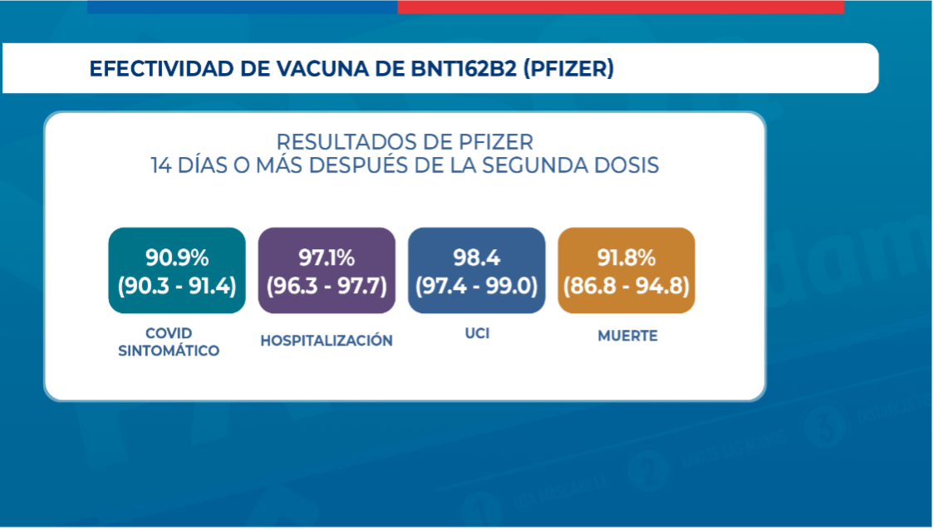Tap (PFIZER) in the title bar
pyautogui.click(x=568, y=68)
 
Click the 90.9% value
pyautogui.click(x=177, y=256)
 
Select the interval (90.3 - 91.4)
pyautogui.click(x=177, y=286)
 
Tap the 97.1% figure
pyautogui.click(x=327, y=256)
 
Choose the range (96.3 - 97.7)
pyautogui.click(x=327, y=286)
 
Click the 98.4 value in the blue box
pyautogui.click(x=476, y=256)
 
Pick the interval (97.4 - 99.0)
pyautogui.click(x=476, y=286)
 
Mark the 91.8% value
pyautogui.click(x=627, y=256)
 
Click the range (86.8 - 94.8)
pyautogui.click(x=627, y=286)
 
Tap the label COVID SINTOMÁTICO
pyautogui.click(x=169, y=342)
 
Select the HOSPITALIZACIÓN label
pyautogui.click(x=327, y=341)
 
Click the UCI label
pyautogui.click(x=477, y=335)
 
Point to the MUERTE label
pyautogui.click(x=627, y=336)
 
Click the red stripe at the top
pyautogui.click(x=621, y=7)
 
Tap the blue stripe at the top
pyautogui.click(x=242, y=7)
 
